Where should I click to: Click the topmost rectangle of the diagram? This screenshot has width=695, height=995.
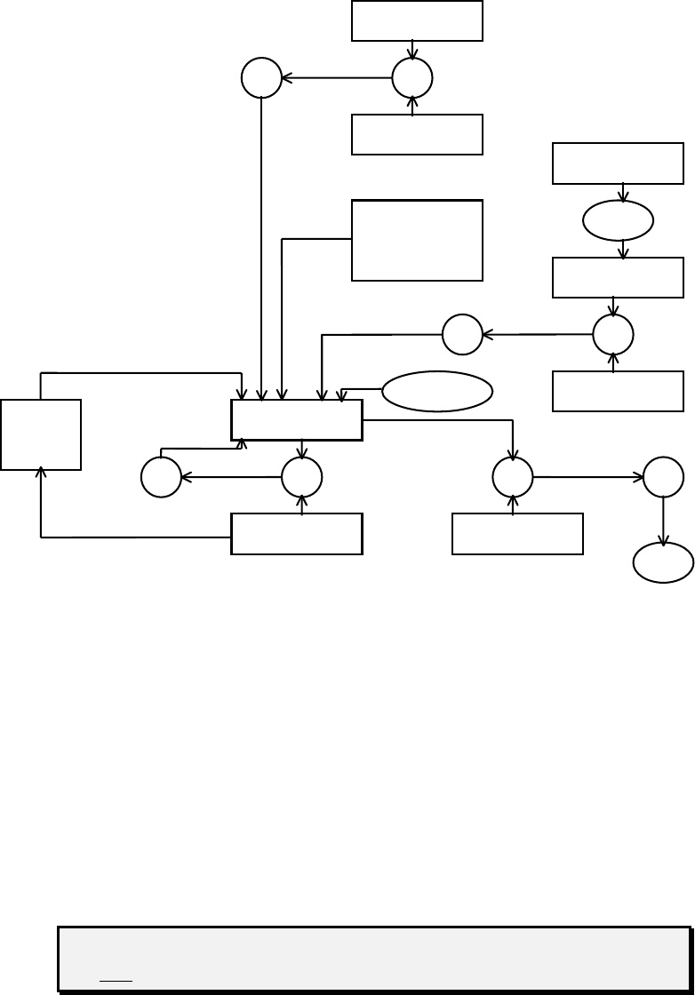point(417,20)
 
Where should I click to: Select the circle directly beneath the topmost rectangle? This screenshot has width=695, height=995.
point(412,78)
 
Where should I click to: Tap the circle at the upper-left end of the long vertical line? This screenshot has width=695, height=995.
point(261,78)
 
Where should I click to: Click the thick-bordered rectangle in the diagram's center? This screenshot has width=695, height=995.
point(297,420)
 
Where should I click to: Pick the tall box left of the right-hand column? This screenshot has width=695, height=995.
point(417,240)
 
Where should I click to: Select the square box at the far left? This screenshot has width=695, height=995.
point(41,434)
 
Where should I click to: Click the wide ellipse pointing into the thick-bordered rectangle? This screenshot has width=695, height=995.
point(438,391)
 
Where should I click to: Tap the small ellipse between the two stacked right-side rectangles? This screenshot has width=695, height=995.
point(619,220)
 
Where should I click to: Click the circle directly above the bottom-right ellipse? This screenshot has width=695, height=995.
point(663,477)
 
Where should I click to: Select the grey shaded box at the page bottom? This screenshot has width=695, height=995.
point(374,959)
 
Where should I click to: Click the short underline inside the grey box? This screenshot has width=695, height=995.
point(115,975)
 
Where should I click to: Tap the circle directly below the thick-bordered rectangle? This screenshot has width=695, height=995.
point(302,477)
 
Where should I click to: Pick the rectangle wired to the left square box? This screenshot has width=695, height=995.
point(297,534)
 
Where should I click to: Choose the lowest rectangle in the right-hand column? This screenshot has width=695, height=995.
point(618,392)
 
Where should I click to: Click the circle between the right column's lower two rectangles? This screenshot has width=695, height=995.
point(613,335)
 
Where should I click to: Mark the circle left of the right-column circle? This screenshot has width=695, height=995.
point(462,335)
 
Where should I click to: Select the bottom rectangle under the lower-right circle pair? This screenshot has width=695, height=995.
point(517,534)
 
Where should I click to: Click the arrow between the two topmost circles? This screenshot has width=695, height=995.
point(337,78)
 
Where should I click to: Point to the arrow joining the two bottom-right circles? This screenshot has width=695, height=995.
point(587,477)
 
